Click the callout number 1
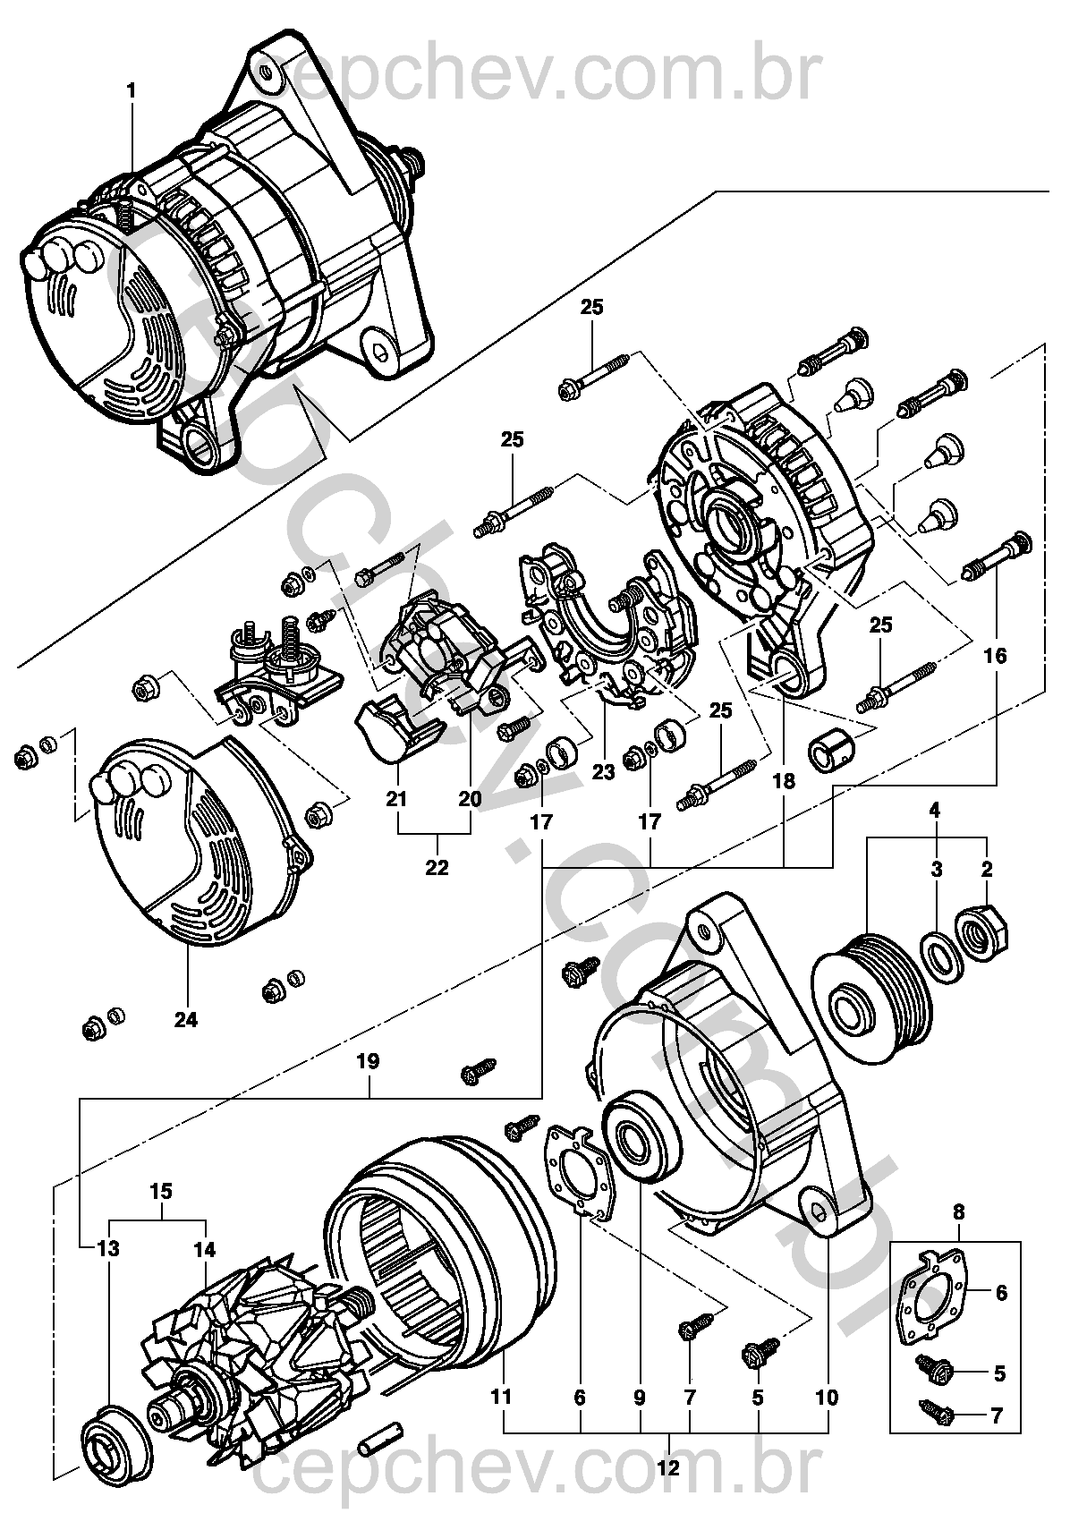132,90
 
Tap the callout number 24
187,1019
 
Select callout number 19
368,1062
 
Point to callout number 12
668,1467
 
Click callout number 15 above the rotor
161,1192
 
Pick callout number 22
437,867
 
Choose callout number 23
604,771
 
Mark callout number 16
995,656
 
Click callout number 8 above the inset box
959,1214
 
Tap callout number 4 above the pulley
934,812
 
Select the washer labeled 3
938,953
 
